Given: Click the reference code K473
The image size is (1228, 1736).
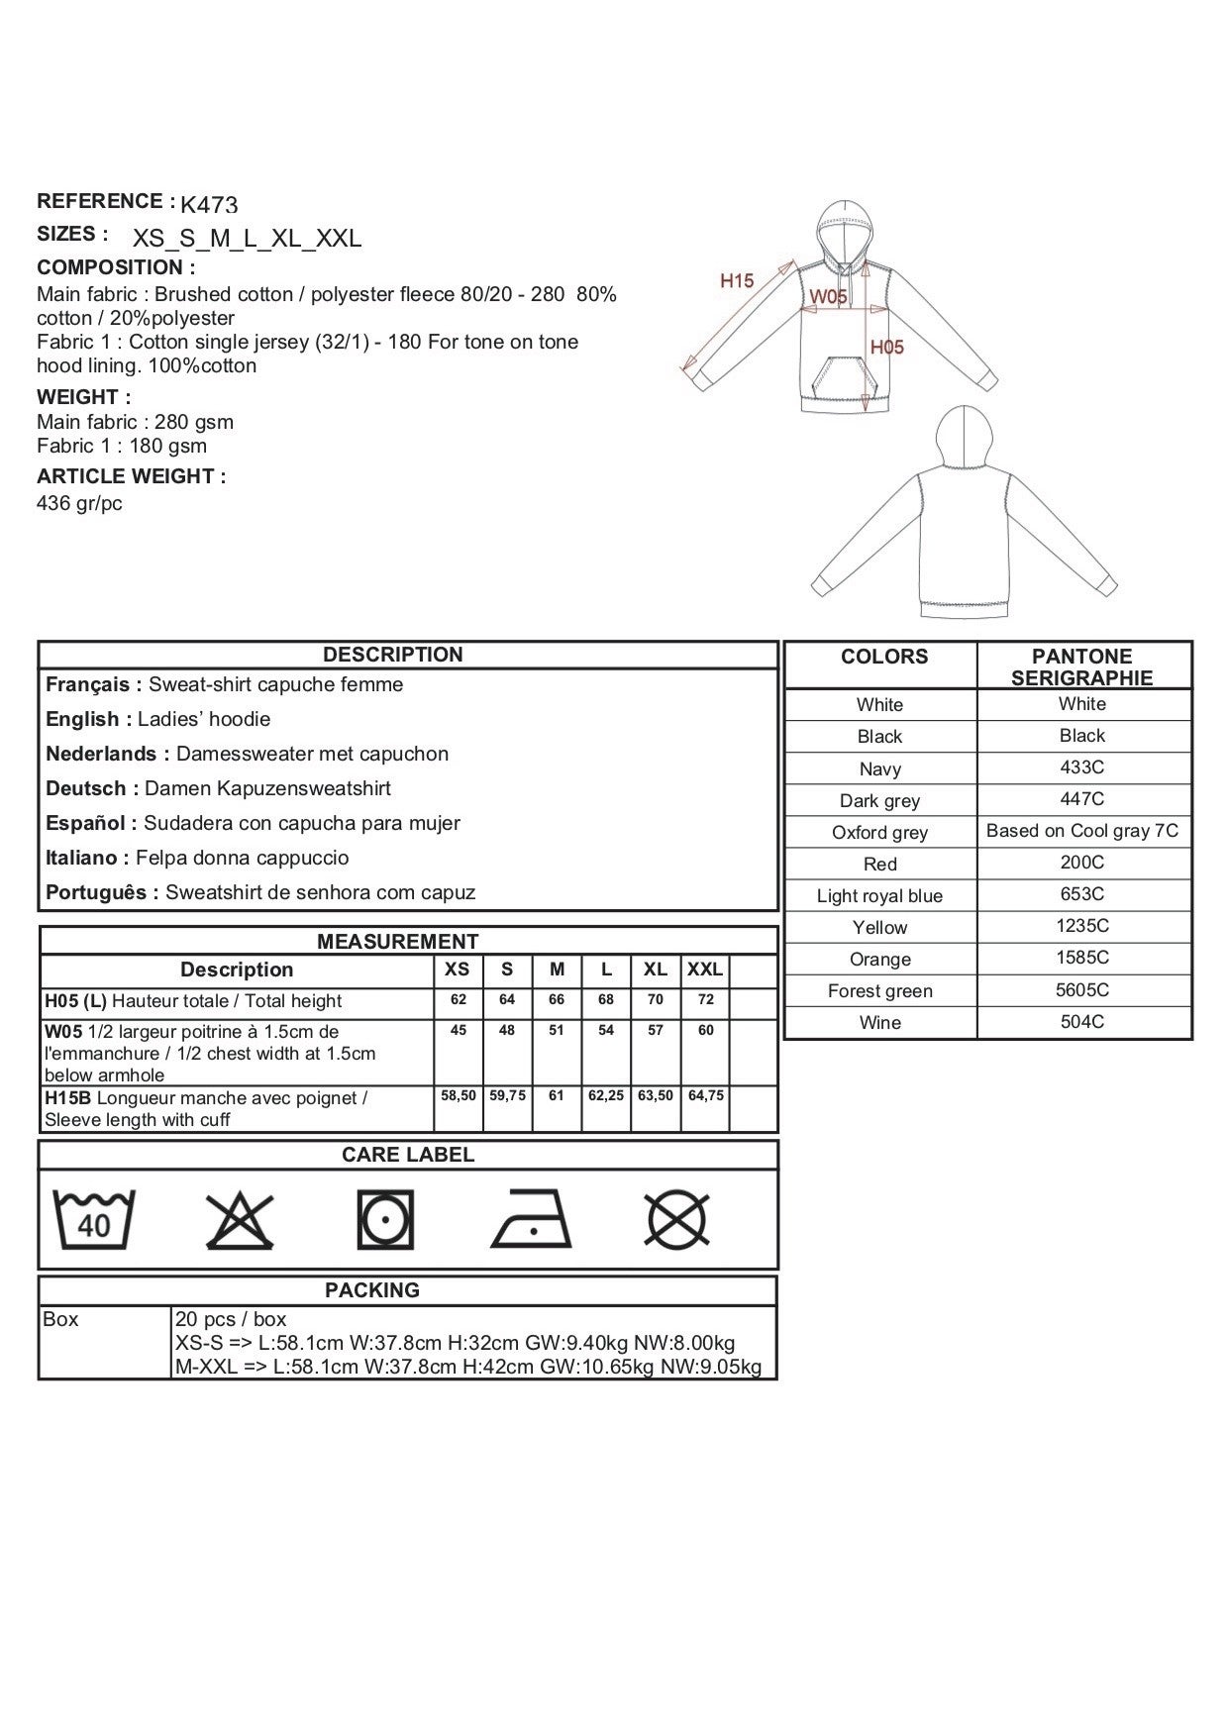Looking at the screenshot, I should [x=209, y=205].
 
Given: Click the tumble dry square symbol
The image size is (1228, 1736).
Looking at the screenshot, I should [x=385, y=1220].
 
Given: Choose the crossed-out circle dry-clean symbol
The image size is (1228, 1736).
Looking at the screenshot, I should [x=676, y=1220].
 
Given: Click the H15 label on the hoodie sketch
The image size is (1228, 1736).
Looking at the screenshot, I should [x=737, y=281].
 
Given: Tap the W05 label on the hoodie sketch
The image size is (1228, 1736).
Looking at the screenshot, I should [x=828, y=296].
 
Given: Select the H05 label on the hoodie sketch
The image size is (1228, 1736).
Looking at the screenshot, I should [x=886, y=347].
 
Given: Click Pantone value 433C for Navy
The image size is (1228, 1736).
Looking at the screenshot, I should [x=1081, y=767].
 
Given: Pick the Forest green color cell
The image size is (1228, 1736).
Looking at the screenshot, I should [x=879, y=991].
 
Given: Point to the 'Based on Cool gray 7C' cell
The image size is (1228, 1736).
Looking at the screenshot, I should [x=1081, y=831].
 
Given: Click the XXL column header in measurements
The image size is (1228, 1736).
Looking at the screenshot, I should [x=705, y=970].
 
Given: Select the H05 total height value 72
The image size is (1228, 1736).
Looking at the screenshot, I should [x=705, y=1000].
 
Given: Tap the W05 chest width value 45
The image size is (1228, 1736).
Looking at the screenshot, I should [x=459, y=1031].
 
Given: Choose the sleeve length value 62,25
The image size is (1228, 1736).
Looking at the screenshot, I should [x=606, y=1096].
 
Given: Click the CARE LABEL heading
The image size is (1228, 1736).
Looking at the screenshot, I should [x=407, y=1155].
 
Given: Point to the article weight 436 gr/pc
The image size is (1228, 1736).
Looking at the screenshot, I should [x=79, y=503].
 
